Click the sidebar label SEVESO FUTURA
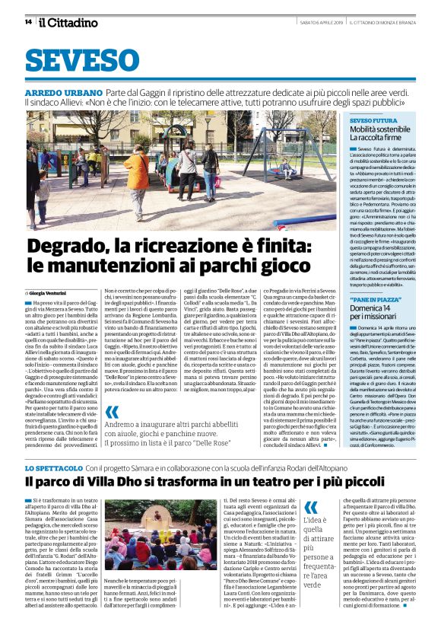click(373, 120)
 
